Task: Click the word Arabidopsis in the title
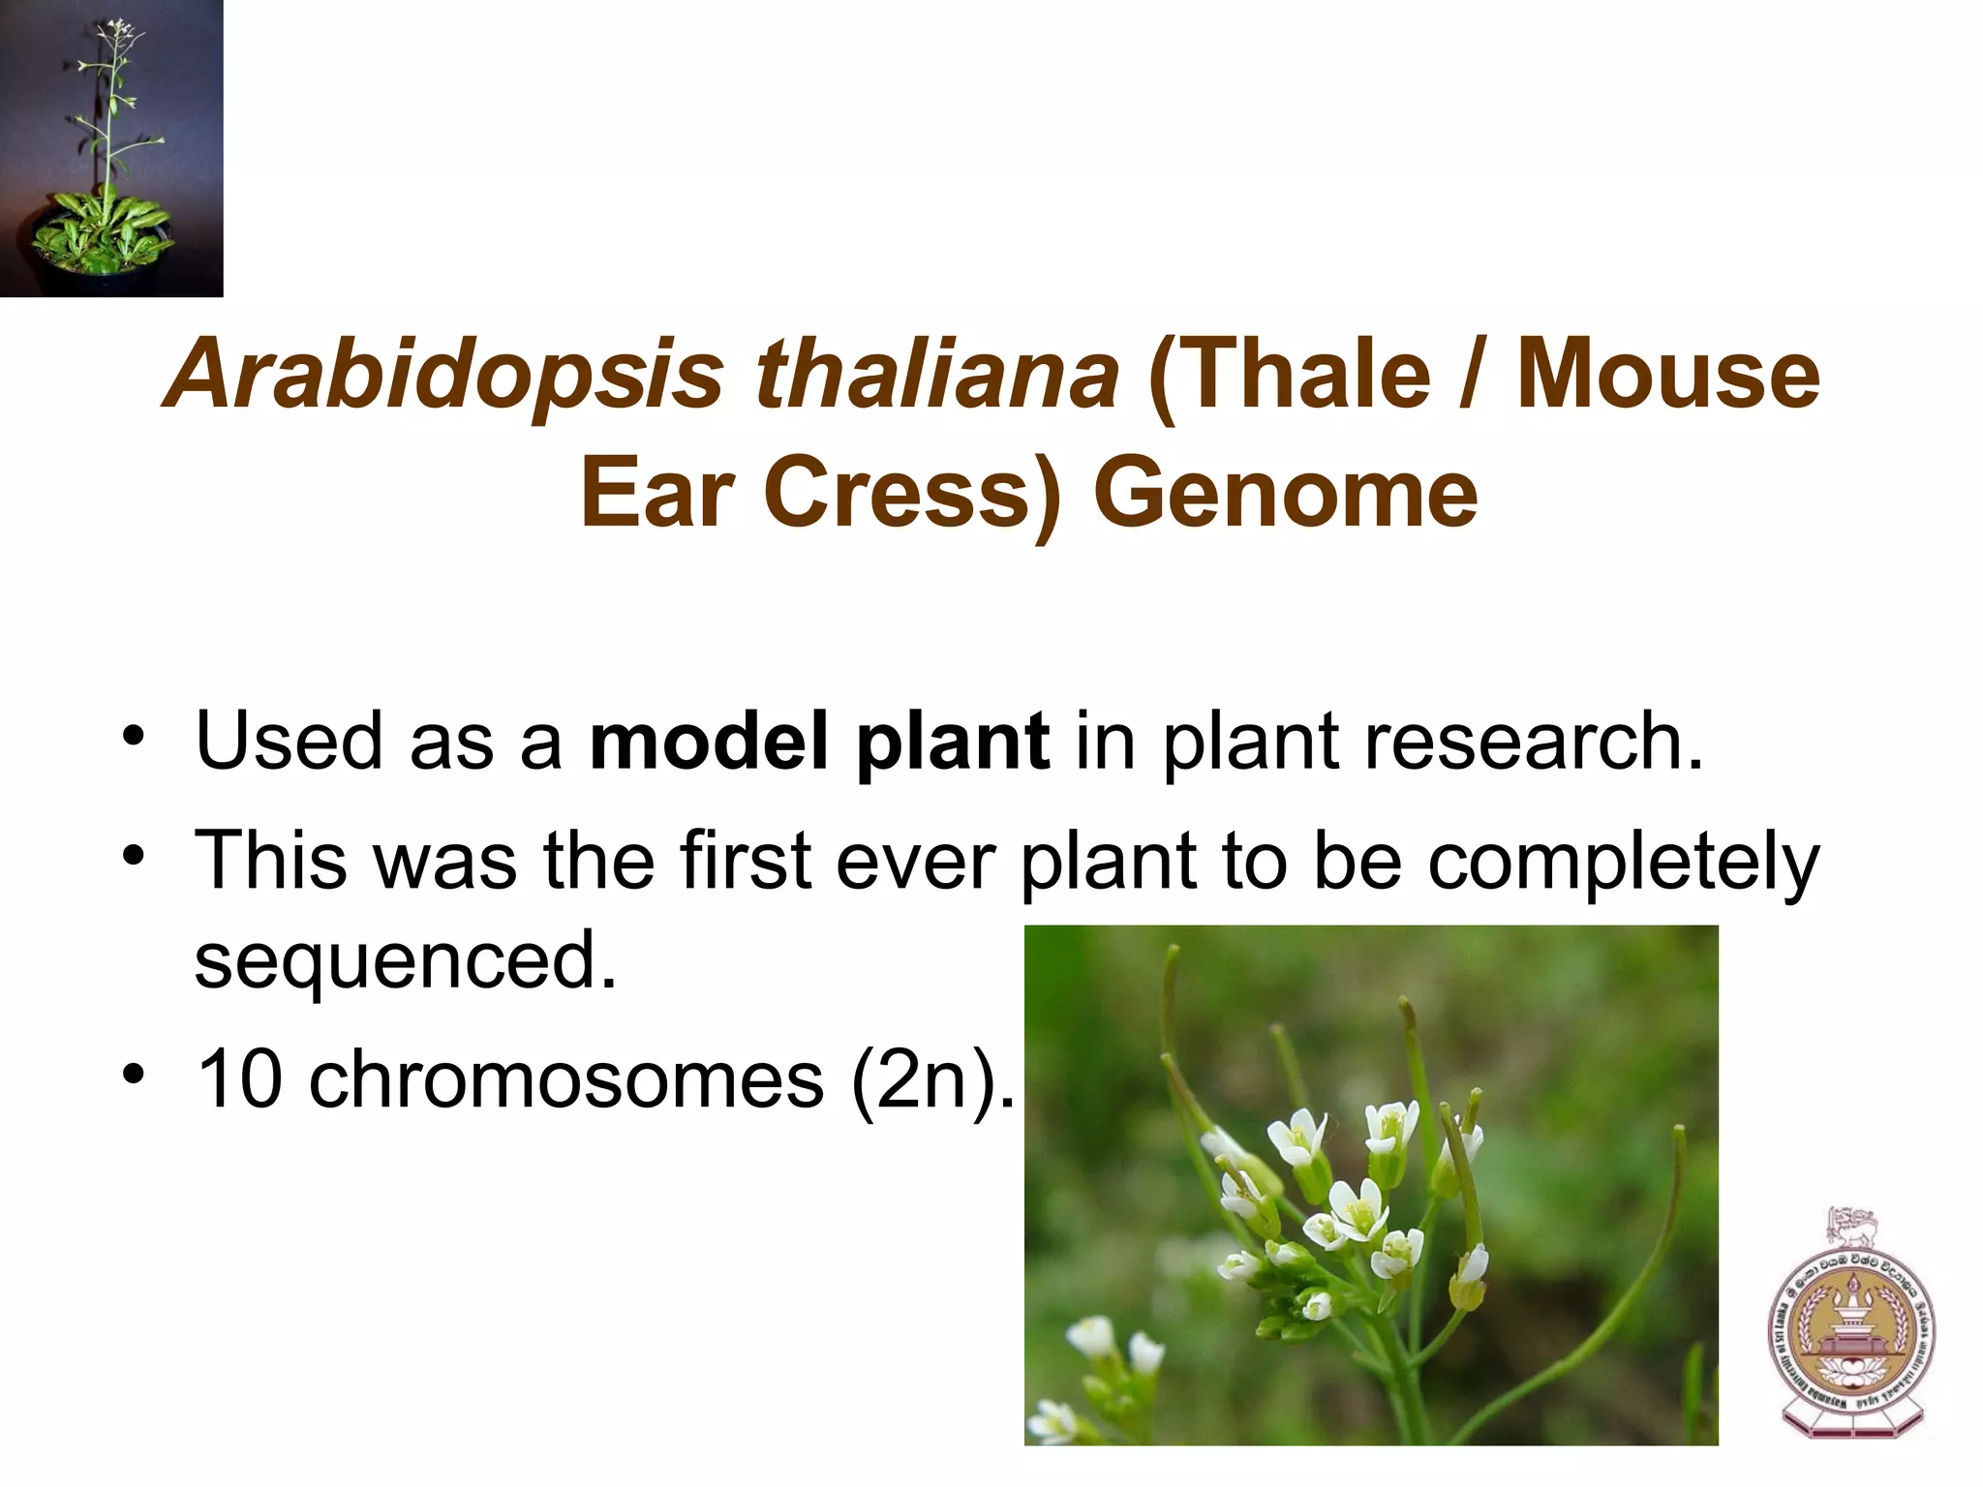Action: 445,376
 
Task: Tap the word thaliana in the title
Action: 937,376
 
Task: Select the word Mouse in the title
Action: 1667,376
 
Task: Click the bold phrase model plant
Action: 819,742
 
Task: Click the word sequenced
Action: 405,960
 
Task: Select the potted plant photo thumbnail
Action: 111,148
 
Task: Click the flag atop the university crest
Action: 1852,1225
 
